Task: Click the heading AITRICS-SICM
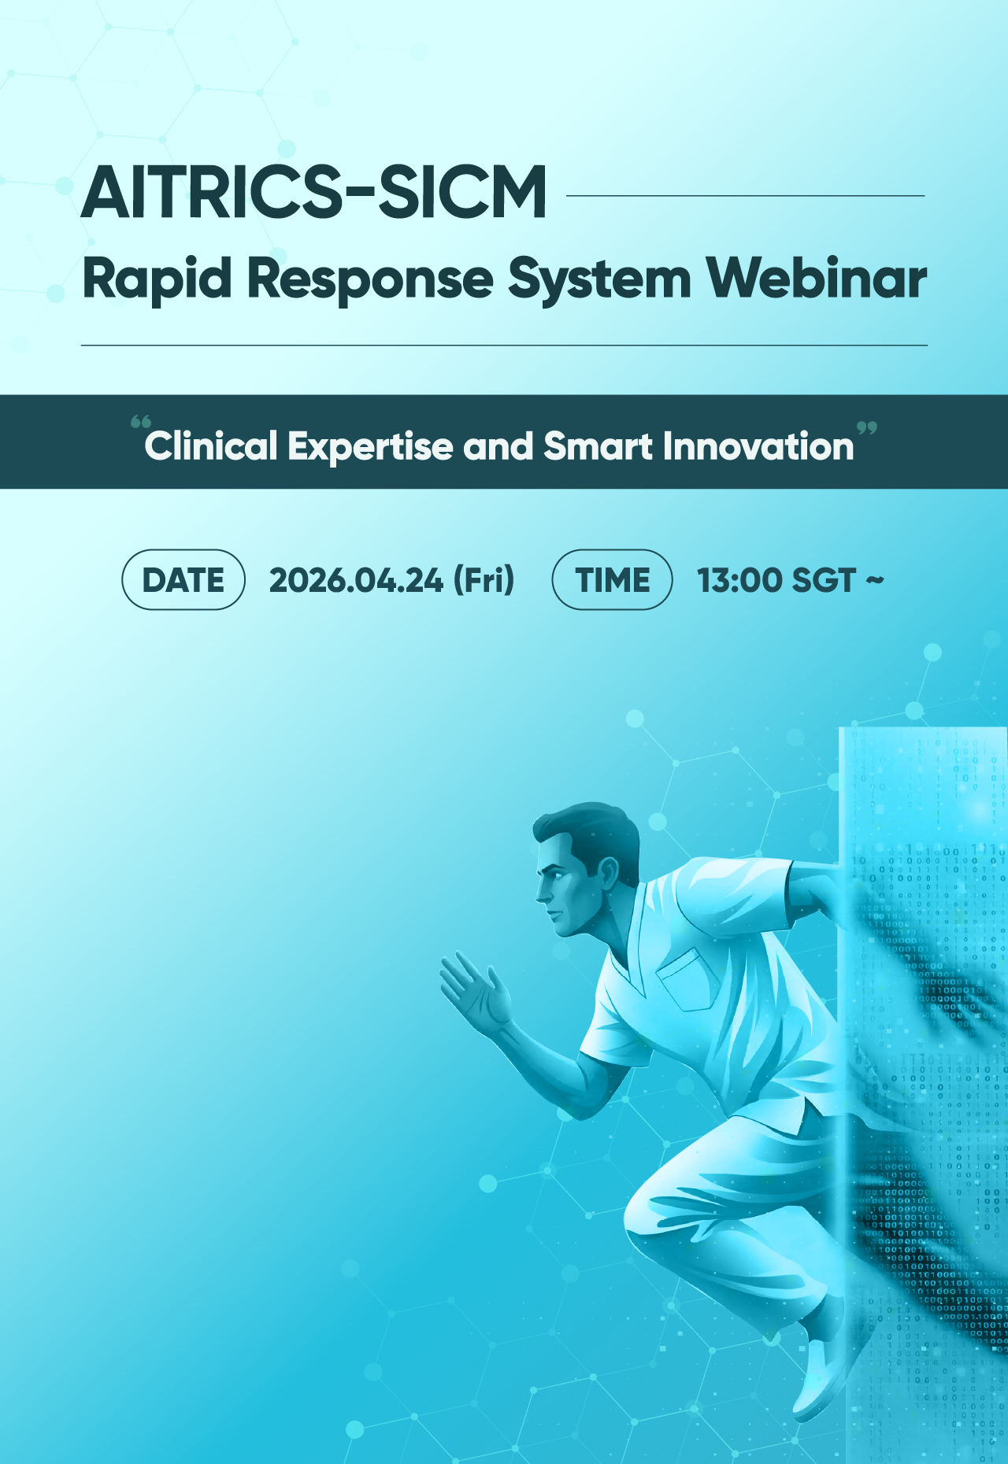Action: coord(314,193)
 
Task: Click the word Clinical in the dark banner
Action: coord(211,446)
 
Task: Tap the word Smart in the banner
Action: coord(598,446)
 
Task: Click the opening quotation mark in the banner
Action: coord(140,422)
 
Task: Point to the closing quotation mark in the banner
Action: coord(866,428)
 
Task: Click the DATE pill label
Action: coord(183,580)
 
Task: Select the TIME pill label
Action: coord(613,580)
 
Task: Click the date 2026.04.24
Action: coord(356,580)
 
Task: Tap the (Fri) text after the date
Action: coord(484,580)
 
